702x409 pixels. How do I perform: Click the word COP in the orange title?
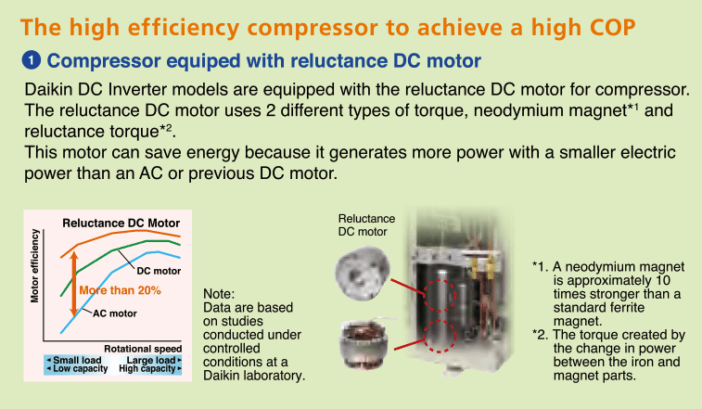612,27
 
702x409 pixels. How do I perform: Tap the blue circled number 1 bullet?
32,60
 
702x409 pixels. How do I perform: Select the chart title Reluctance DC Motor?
121,224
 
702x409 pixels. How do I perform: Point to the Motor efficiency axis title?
34,265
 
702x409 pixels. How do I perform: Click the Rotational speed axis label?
143,349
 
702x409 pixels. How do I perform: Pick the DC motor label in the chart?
159,271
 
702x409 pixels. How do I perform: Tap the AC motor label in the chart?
115,313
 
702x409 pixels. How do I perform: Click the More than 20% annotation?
120,290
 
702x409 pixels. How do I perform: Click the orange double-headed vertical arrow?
74,285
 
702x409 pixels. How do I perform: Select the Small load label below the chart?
74,360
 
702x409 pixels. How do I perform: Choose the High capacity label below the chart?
150,369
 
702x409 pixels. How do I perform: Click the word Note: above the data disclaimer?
219,294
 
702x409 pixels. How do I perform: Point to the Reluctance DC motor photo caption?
366,224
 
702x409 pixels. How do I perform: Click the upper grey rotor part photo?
363,274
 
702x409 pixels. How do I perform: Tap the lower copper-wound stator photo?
364,344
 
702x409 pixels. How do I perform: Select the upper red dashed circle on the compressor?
440,295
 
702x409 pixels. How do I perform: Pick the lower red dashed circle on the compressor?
440,336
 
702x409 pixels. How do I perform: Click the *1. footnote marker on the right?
541,267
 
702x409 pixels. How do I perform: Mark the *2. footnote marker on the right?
541,335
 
